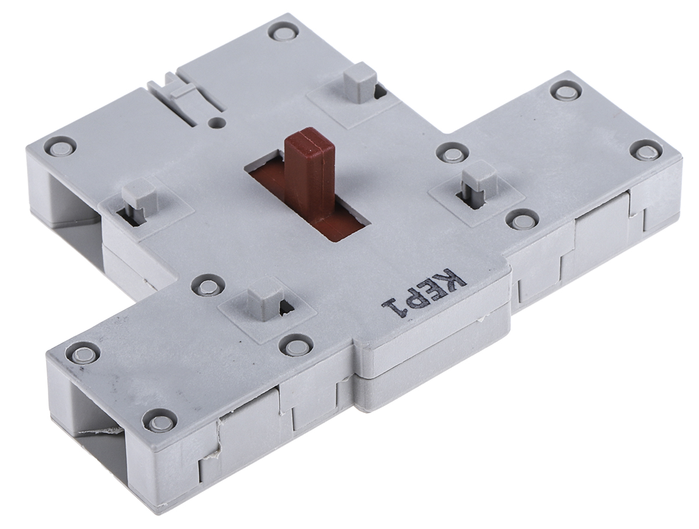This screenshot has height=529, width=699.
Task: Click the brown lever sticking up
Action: point(308,172)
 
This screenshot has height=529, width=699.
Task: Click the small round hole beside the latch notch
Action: point(217,121)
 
